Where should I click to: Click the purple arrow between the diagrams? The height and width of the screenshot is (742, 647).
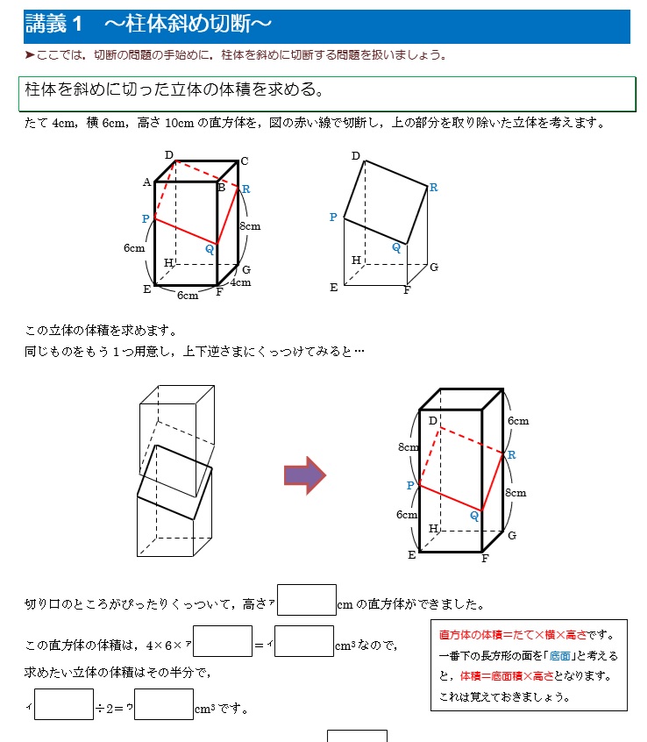pos(304,475)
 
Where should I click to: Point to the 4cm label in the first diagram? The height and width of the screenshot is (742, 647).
pos(240,282)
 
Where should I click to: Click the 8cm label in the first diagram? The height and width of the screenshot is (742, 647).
pos(250,226)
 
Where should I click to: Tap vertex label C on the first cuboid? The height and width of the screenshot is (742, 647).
pos(245,161)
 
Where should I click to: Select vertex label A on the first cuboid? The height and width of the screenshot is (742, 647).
pos(146,182)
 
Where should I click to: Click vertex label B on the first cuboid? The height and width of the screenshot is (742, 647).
pos(222,187)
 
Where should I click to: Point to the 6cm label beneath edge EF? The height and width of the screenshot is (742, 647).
pos(188,296)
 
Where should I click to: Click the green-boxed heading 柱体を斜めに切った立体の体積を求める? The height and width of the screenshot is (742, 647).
pos(175,90)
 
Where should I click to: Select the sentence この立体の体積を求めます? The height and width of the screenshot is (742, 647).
pos(101,331)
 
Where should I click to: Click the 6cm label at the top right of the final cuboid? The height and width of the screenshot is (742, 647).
pos(519,421)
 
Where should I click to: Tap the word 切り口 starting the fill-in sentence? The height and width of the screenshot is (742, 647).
pos(41,604)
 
